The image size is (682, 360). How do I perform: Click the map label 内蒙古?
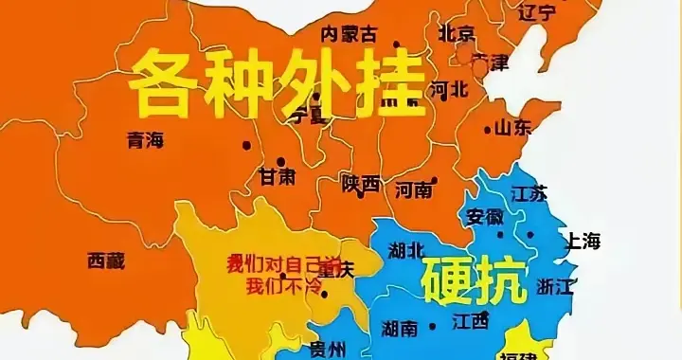[x=350, y=35]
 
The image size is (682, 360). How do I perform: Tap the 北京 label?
[x=457, y=33]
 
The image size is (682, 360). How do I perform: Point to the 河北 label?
[x=449, y=90]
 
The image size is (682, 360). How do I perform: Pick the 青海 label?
[x=145, y=140]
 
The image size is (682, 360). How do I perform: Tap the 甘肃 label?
[x=278, y=177]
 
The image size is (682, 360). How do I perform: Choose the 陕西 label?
[x=361, y=184]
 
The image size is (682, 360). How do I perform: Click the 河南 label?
[x=414, y=189]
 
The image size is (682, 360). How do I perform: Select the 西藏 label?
[x=105, y=261]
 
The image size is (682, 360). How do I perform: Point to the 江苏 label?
[x=529, y=193]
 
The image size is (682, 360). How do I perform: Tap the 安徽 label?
[x=485, y=216]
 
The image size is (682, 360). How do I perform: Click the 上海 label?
[x=583, y=242]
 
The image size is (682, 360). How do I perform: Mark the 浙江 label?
[x=555, y=285]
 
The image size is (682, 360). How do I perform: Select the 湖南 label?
[x=397, y=329]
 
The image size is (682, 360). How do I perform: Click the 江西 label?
[x=470, y=320]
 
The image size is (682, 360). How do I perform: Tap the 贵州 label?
[x=331, y=347]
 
